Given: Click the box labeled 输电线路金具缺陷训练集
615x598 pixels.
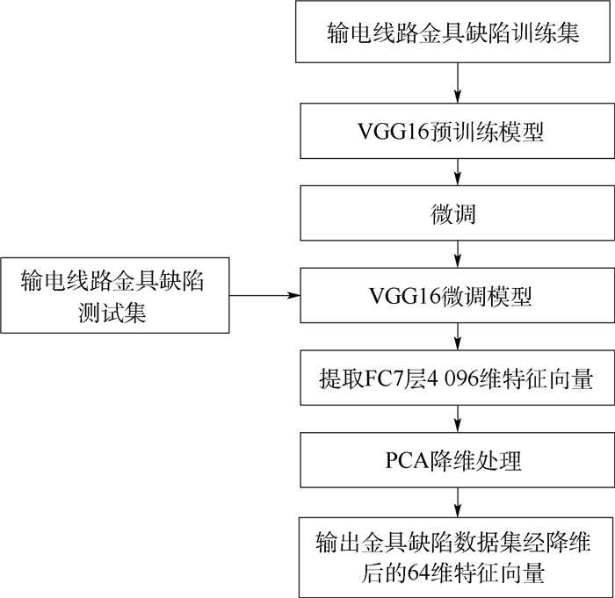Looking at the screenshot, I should point(457,32).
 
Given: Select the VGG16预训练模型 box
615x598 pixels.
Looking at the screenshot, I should point(457,132).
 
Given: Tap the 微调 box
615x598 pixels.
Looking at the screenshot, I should point(457,214).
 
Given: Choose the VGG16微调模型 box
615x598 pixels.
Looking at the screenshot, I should point(457,297).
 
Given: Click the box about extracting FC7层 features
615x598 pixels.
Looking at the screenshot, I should point(457,379).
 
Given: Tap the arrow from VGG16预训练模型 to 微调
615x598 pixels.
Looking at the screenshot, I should point(457,173).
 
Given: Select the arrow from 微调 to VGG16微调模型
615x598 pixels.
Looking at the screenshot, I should point(457,255).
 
